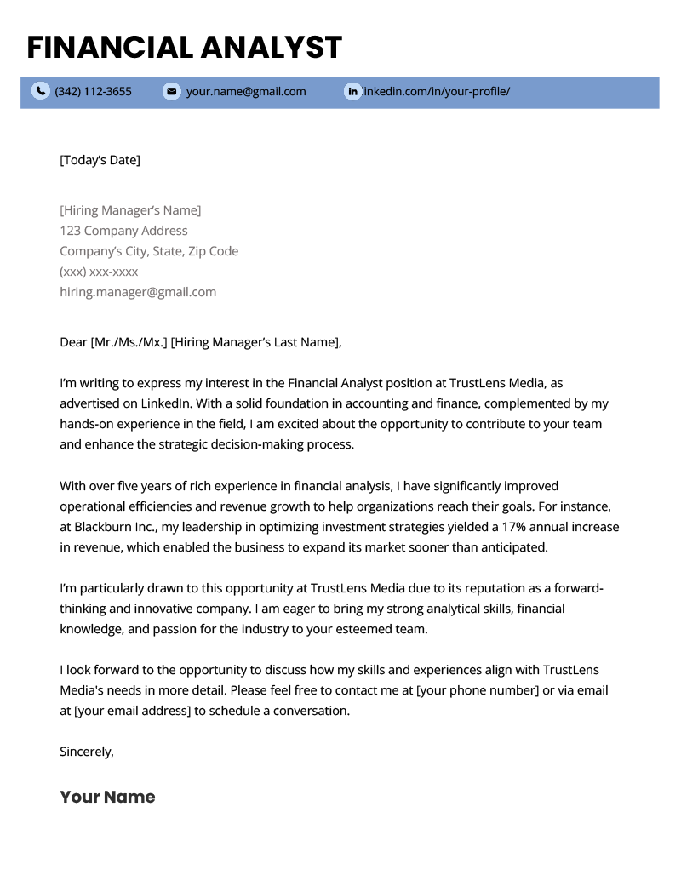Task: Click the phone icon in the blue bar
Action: (40, 91)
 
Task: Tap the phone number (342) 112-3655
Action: (93, 91)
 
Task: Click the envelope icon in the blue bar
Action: (171, 91)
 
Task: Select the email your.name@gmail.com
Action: (246, 91)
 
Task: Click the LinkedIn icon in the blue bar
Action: (352, 91)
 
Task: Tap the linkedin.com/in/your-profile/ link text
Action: (436, 91)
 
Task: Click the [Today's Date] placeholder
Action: (100, 160)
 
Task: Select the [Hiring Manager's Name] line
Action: (130, 210)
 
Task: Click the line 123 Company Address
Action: (123, 231)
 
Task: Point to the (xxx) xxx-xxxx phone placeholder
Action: (99, 272)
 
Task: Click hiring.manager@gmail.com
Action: (138, 292)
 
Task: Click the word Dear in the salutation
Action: (73, 342)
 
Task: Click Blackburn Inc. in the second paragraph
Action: (116, 527)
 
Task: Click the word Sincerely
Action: (86, 752)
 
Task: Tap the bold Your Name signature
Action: (107, 798)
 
